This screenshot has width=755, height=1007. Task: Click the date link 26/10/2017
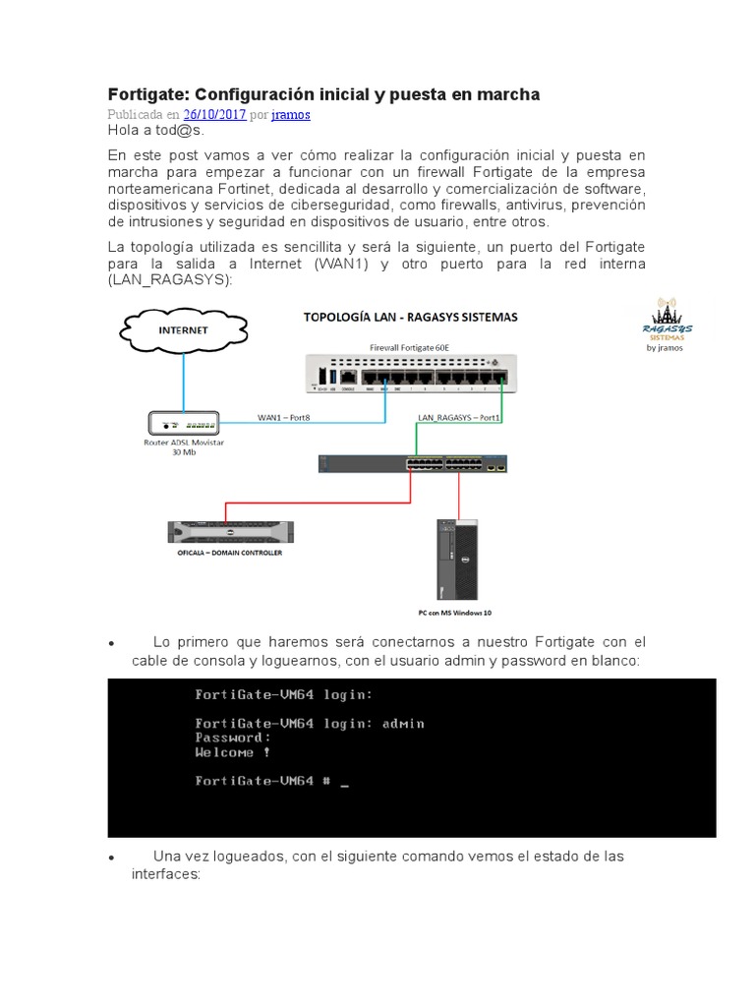[x=214, y=114]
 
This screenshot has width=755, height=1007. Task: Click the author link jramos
[x=291, y=114]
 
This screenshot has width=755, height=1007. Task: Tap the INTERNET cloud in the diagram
[x=184, y=330]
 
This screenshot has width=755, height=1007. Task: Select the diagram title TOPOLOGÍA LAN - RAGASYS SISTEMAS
[x=411, y=318]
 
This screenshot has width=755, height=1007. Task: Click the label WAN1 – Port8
[x=284, y=417]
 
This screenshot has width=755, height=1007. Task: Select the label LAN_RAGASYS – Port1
[x=459, y=417]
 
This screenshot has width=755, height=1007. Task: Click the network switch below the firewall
[x=414, y=463]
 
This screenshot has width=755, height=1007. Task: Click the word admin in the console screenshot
[x=403, y=723]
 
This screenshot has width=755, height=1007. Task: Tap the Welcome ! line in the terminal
[x=232, y=752]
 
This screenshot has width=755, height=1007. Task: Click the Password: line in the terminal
[x=232, y=738]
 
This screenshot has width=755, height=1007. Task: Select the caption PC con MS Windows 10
[x=454, y=612]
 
